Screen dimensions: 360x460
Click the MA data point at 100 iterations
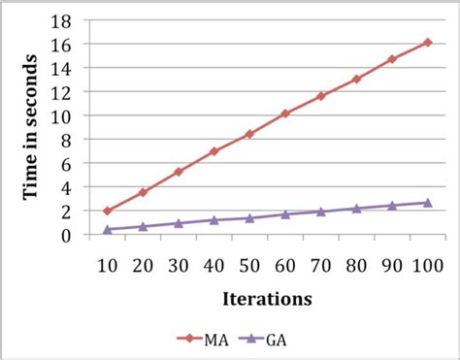[427, 43]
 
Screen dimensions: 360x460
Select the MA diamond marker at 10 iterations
[108, 211]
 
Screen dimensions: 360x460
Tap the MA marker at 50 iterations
[249, 134]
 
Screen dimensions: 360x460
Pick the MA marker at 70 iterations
[320, 96]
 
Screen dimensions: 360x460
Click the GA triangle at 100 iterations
[427, 203]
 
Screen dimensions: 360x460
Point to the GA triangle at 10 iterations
[108, 229]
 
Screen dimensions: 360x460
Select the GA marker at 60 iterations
[285, 214]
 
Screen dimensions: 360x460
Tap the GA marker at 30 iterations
[179, 223]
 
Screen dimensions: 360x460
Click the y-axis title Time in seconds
[31, 127]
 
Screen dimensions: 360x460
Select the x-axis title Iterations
[266, 299]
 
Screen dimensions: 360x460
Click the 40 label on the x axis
[214, 264]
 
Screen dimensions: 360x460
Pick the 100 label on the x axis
[427, 264]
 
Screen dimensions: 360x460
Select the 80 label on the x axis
[356, 264]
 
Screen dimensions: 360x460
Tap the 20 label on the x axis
[143, 264]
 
